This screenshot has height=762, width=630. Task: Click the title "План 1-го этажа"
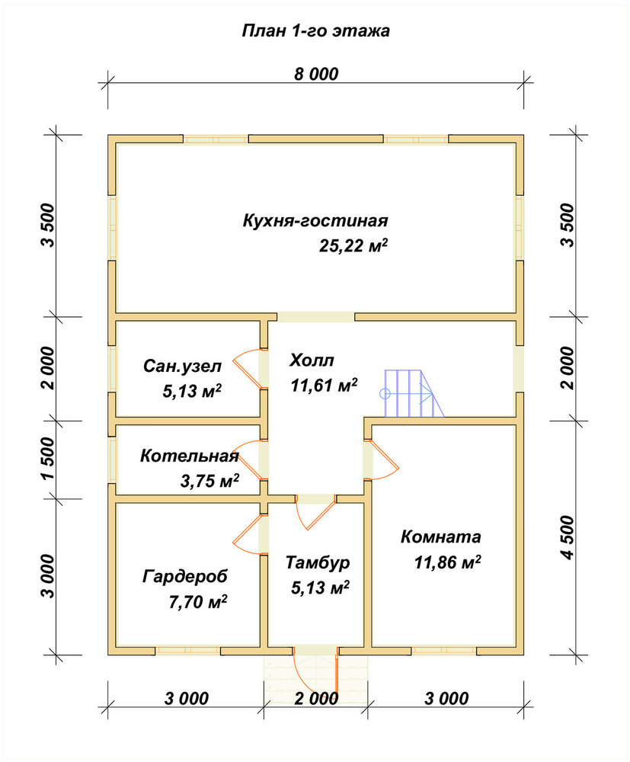[x=315, y=31]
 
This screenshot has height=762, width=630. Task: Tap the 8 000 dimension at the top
[x=315, y=74]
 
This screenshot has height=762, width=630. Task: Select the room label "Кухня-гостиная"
[x=315, y=221]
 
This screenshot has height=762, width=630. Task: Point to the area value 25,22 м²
[x=353, y=245]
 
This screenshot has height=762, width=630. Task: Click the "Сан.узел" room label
[x=182, y=366]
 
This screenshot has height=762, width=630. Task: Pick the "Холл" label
[x=312, y=360]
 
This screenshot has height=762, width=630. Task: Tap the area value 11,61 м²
[x=324, y=386]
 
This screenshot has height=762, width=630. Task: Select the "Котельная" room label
[x=190, y=456]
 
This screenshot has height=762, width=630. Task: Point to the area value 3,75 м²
[x=209, y=481]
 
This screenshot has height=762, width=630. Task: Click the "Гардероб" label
[x=185, y=577]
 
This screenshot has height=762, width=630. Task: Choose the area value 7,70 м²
[x=198, y=602]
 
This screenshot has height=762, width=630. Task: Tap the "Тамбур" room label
[x=318, y=563]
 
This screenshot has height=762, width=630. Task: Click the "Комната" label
[x=440, y=537]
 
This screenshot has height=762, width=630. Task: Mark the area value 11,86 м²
[x=447, y=562]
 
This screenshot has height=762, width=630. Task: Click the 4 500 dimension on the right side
[x=567, y=537]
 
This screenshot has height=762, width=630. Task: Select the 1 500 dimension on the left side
[x=48, y=459]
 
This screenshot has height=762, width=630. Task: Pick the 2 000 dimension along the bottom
[x=316, y=699]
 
